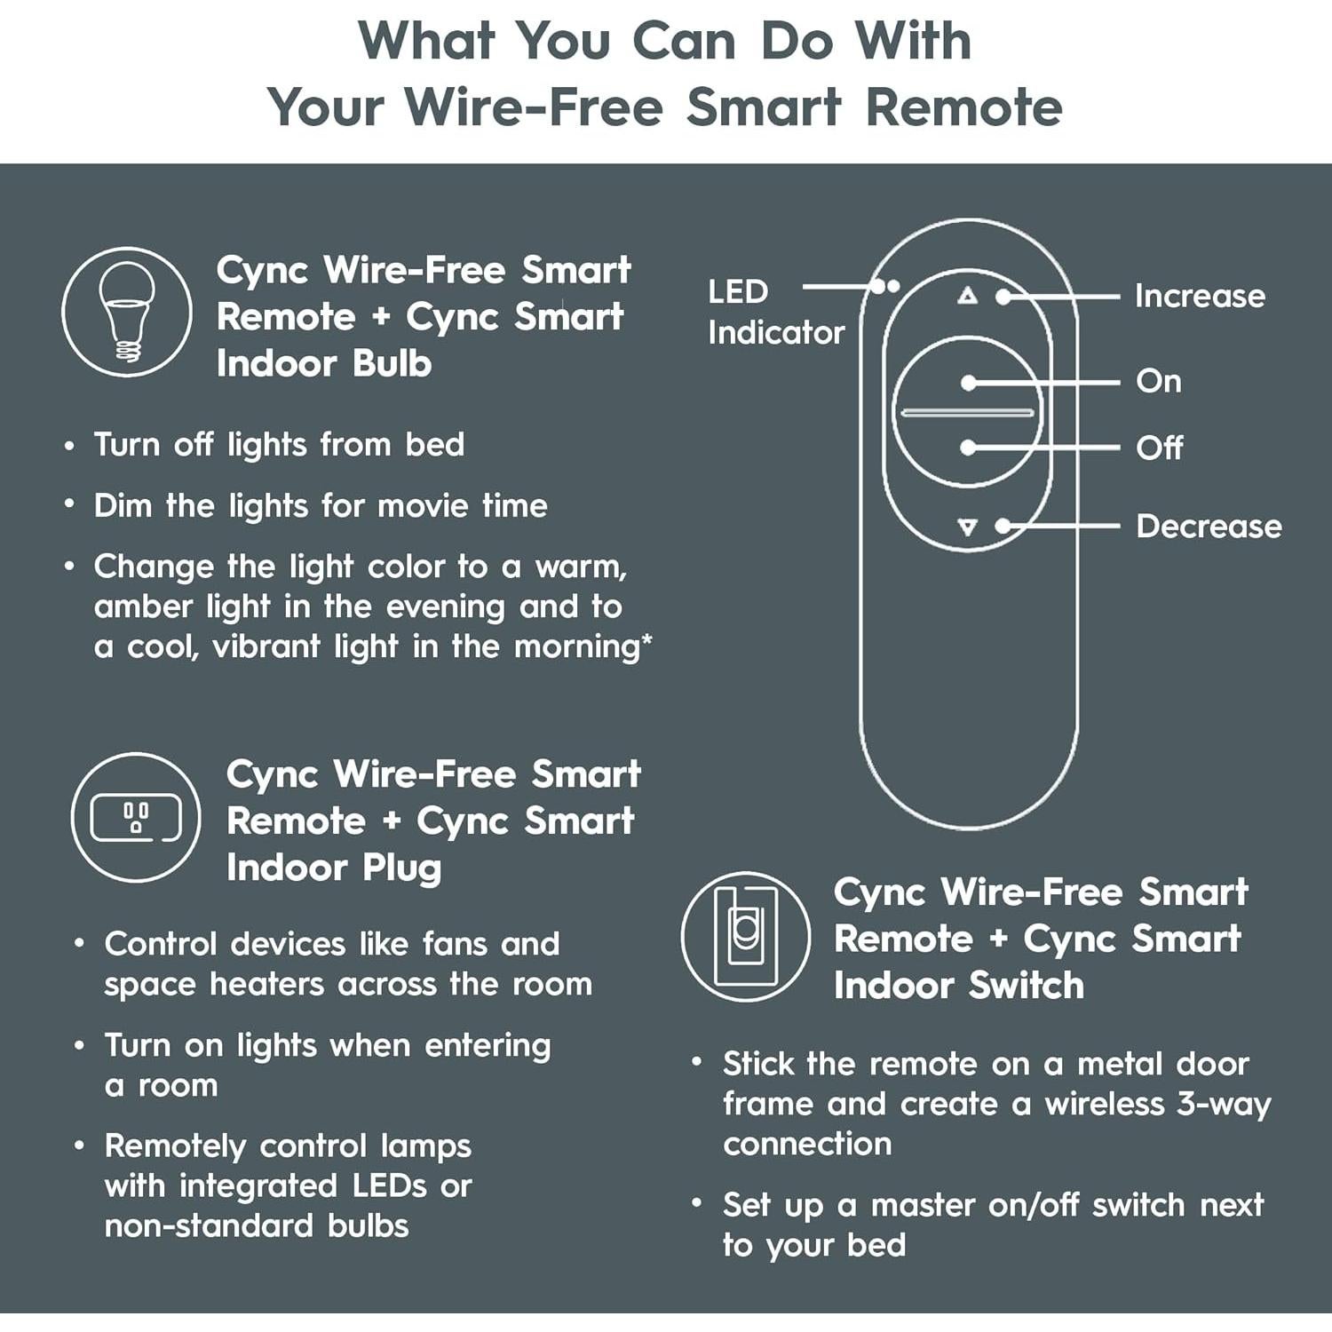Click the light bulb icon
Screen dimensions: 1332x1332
point(126,312)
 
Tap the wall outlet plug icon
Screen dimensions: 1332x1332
point(136,817)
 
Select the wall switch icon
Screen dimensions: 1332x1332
point(745,937)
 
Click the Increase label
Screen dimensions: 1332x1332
point(1199,297)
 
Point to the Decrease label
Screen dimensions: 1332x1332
point(1208,527)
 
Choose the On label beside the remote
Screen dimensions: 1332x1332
point(1158,382)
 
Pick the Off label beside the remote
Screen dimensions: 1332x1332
point(1158,448)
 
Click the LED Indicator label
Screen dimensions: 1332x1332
point(774,313)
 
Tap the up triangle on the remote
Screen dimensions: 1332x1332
point(967,296)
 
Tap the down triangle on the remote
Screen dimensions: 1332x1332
point(967,527)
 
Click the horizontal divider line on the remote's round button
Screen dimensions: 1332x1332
point(967,413)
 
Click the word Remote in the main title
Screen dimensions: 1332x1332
point(963,108)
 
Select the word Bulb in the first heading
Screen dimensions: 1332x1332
point(392,364)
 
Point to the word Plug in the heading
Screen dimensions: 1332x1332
point(401,868)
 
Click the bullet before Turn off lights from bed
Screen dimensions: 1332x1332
point(69,446)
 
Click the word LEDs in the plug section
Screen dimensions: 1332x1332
point(402,1186)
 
